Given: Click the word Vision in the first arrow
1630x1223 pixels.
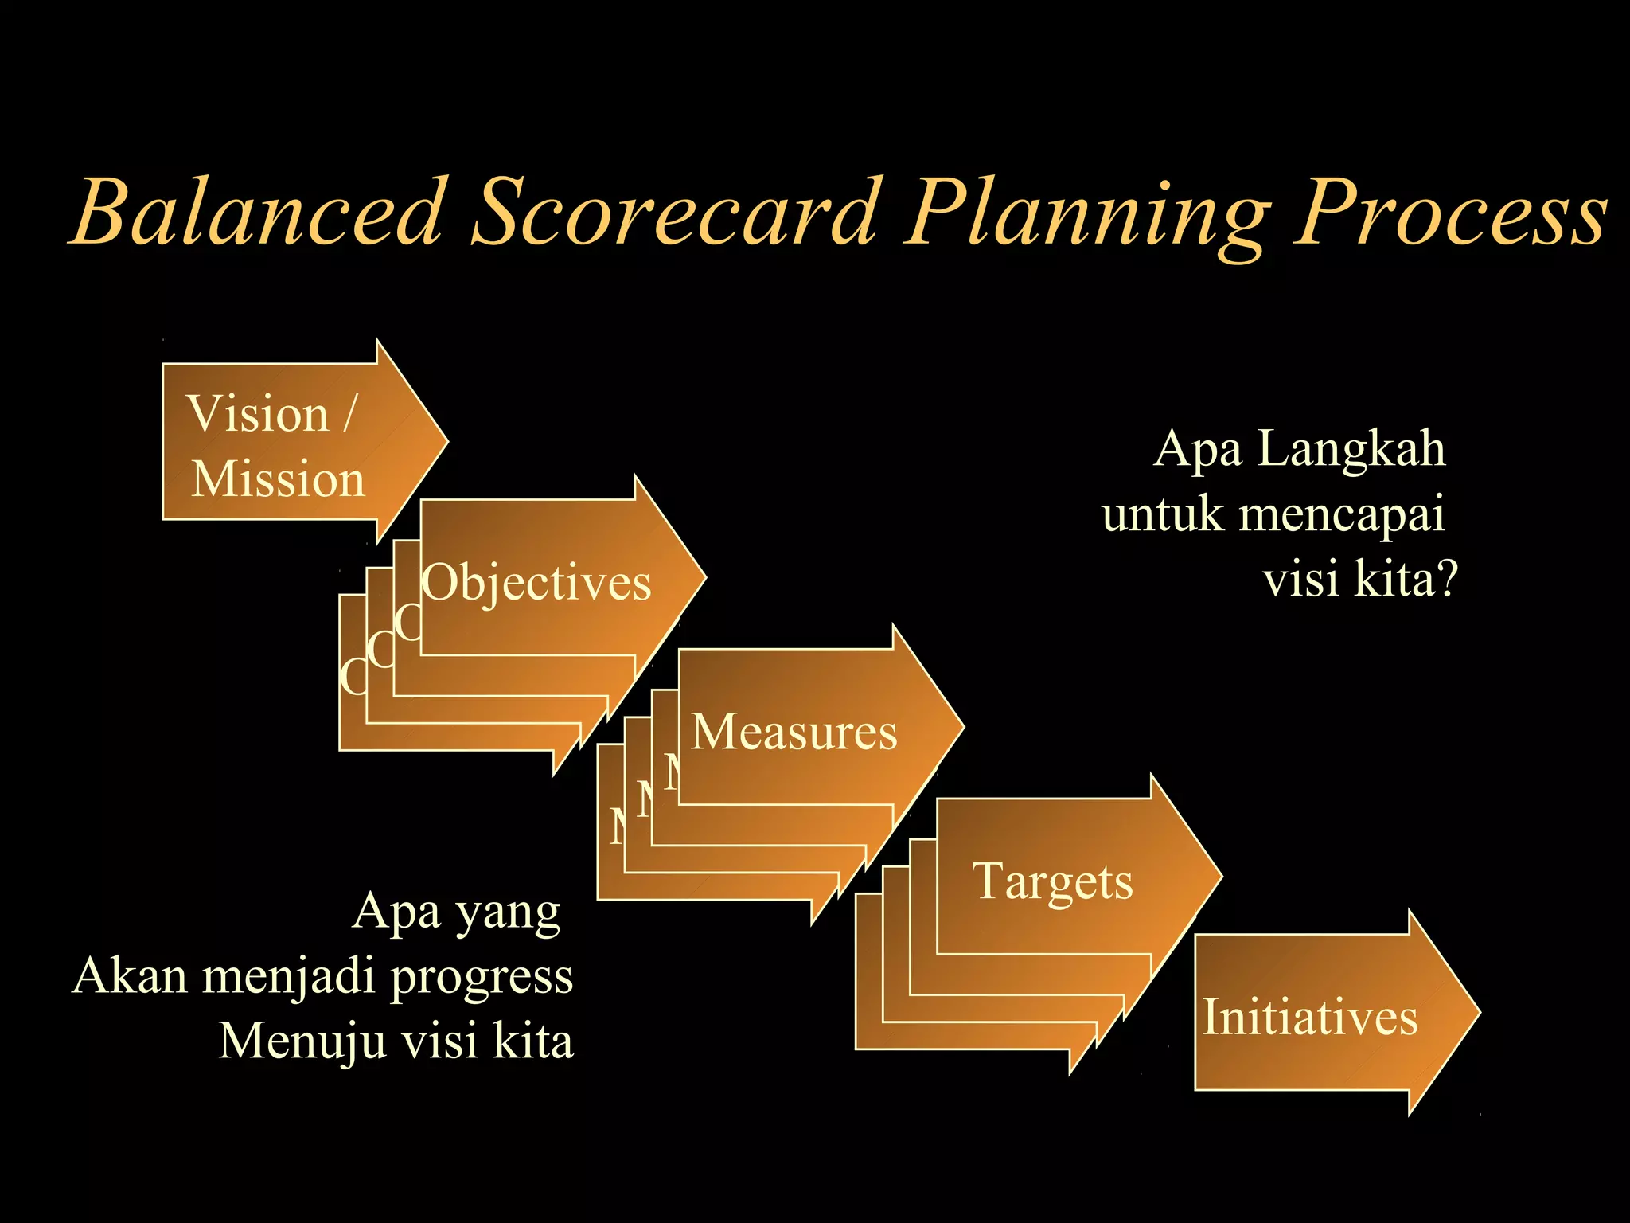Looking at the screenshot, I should pyautogui.click(x=257, y=414).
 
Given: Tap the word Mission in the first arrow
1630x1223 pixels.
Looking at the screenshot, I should pyautogui.click(x=278, y=479).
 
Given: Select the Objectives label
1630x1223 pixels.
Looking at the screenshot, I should pyautogui.click(x=536, y=582).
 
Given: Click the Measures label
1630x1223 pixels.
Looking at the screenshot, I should pyautogui.click(x=794, y=732).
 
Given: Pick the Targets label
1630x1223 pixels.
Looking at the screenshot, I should pyautogui.click(x=1052, y=882).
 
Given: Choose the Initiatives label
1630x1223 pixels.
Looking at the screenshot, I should pyautogui.click(x=1310, y=1017).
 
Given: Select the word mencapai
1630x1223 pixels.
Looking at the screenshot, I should pyautogui.click(x=1342, y=515).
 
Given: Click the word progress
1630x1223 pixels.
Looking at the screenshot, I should pyautogui.click(x=482, y=978).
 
